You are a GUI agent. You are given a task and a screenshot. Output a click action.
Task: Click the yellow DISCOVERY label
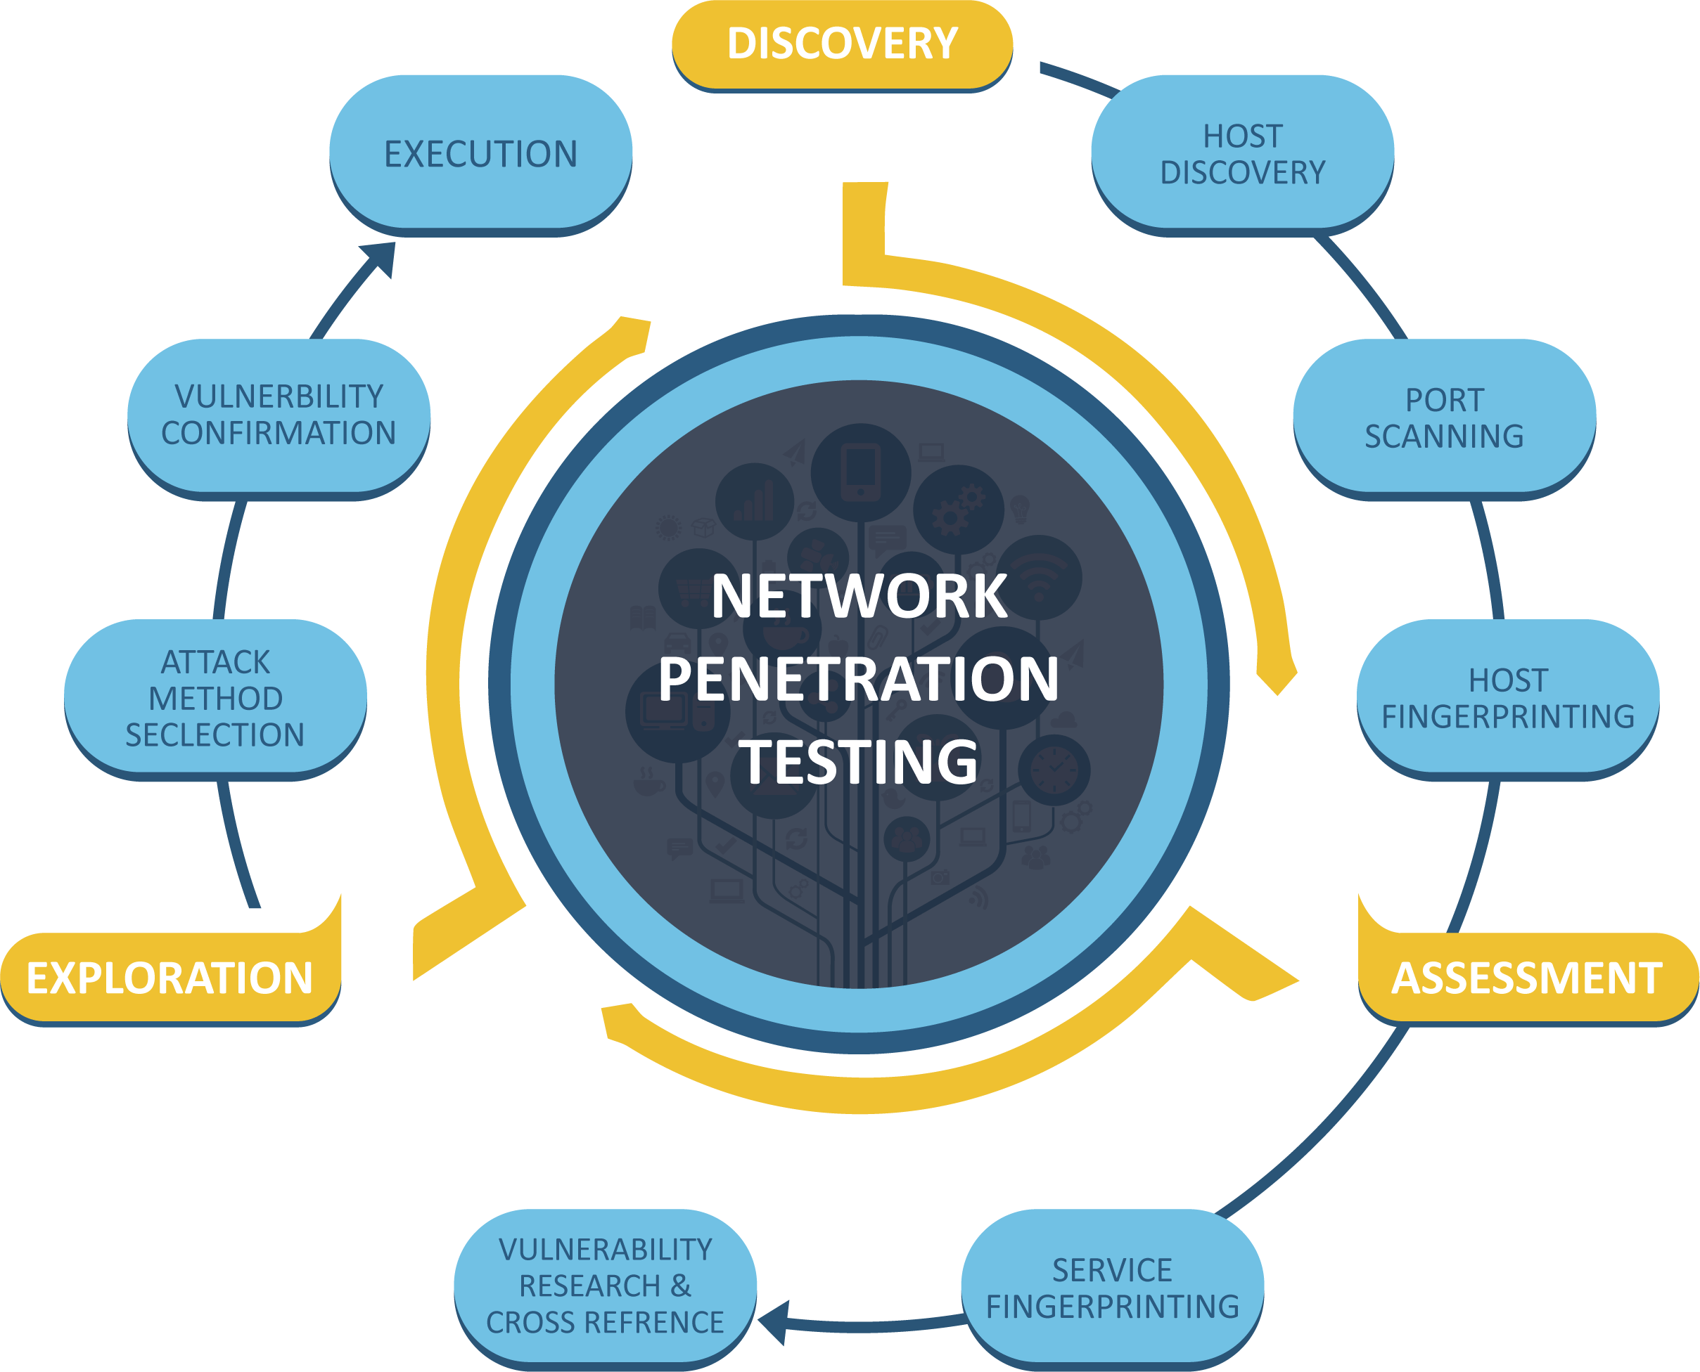842,44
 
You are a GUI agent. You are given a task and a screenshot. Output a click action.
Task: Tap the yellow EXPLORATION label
170,978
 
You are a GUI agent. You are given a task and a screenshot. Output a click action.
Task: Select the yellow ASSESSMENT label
1527,978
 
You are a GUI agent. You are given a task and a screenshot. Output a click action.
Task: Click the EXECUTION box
481,154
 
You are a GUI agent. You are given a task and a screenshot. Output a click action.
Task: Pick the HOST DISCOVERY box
1242,154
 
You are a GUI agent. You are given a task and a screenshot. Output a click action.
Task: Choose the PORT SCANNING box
1444,418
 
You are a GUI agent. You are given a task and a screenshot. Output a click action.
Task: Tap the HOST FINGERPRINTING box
1508,699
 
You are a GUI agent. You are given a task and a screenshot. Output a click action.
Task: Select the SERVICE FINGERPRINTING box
1113,1288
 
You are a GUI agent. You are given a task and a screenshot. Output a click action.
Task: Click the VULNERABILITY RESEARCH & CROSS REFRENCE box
605,1286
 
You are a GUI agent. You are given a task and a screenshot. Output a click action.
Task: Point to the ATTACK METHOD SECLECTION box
215,699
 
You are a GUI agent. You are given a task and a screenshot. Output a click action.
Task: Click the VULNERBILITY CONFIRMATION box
279,415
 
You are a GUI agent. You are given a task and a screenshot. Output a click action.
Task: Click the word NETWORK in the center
859,597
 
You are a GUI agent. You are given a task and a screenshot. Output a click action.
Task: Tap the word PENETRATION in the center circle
859,679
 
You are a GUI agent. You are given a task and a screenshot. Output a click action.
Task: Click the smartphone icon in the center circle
860,472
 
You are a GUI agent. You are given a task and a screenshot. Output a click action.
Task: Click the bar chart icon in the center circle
754,502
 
